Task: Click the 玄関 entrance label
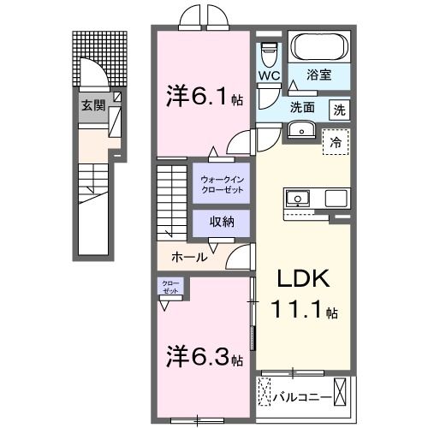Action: pyautogui.click(x=93, y=106)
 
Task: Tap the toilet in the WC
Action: pyautogui.click(x=269, y=54)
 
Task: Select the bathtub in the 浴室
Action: pyautogui.click(x=318, y=48)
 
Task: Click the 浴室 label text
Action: pyautogui.click(x=319, y=76)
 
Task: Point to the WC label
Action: pyautogui.click(x=270, y=76)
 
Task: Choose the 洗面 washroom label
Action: pyautogui.click(x=302, y=109)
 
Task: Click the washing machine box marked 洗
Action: pyautogui.click(x=339, y=110)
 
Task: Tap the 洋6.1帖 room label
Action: pyautogui.click(x=203, y=98)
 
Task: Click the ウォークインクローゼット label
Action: pyautogui.click(x=221, y=183)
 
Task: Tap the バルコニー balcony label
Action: pyautogui.click(x=300, y=397)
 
